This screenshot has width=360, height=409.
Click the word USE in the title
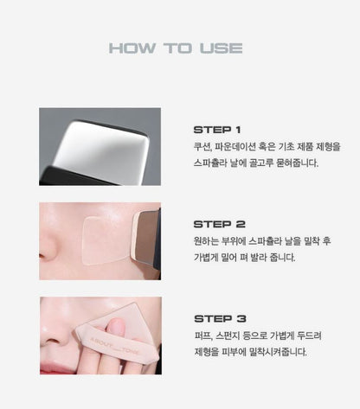click(221, 48)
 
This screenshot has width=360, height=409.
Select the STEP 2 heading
click(219, 224)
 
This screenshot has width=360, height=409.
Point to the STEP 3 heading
click(219, 318)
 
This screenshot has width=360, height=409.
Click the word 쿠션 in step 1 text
click(202, 146)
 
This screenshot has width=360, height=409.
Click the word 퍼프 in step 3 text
click(202, 335)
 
